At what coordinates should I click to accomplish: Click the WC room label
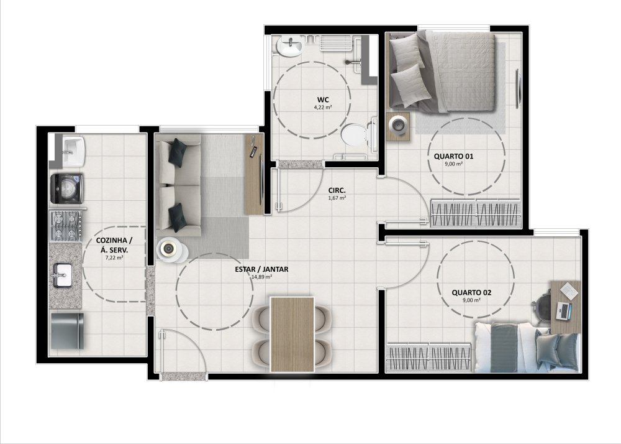(323, 99)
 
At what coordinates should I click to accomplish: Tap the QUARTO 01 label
(453, 156)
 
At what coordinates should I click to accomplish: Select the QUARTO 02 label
(471, 292)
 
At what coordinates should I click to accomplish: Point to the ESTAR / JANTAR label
(261, 269)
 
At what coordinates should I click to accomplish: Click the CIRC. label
(337, 190)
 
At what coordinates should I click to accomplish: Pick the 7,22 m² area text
(114, 257)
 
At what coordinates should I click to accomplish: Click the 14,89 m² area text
(261, 277)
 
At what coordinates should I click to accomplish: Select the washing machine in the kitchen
(66, 188)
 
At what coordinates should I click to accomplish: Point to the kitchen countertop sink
(61, 275)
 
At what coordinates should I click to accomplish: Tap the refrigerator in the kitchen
(67, 331)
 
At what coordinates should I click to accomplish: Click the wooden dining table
(292, 334)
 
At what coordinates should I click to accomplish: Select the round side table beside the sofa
(172, 250)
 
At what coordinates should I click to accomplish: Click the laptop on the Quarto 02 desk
(564, 310)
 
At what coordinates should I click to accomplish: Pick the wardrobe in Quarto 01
(476, 213)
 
